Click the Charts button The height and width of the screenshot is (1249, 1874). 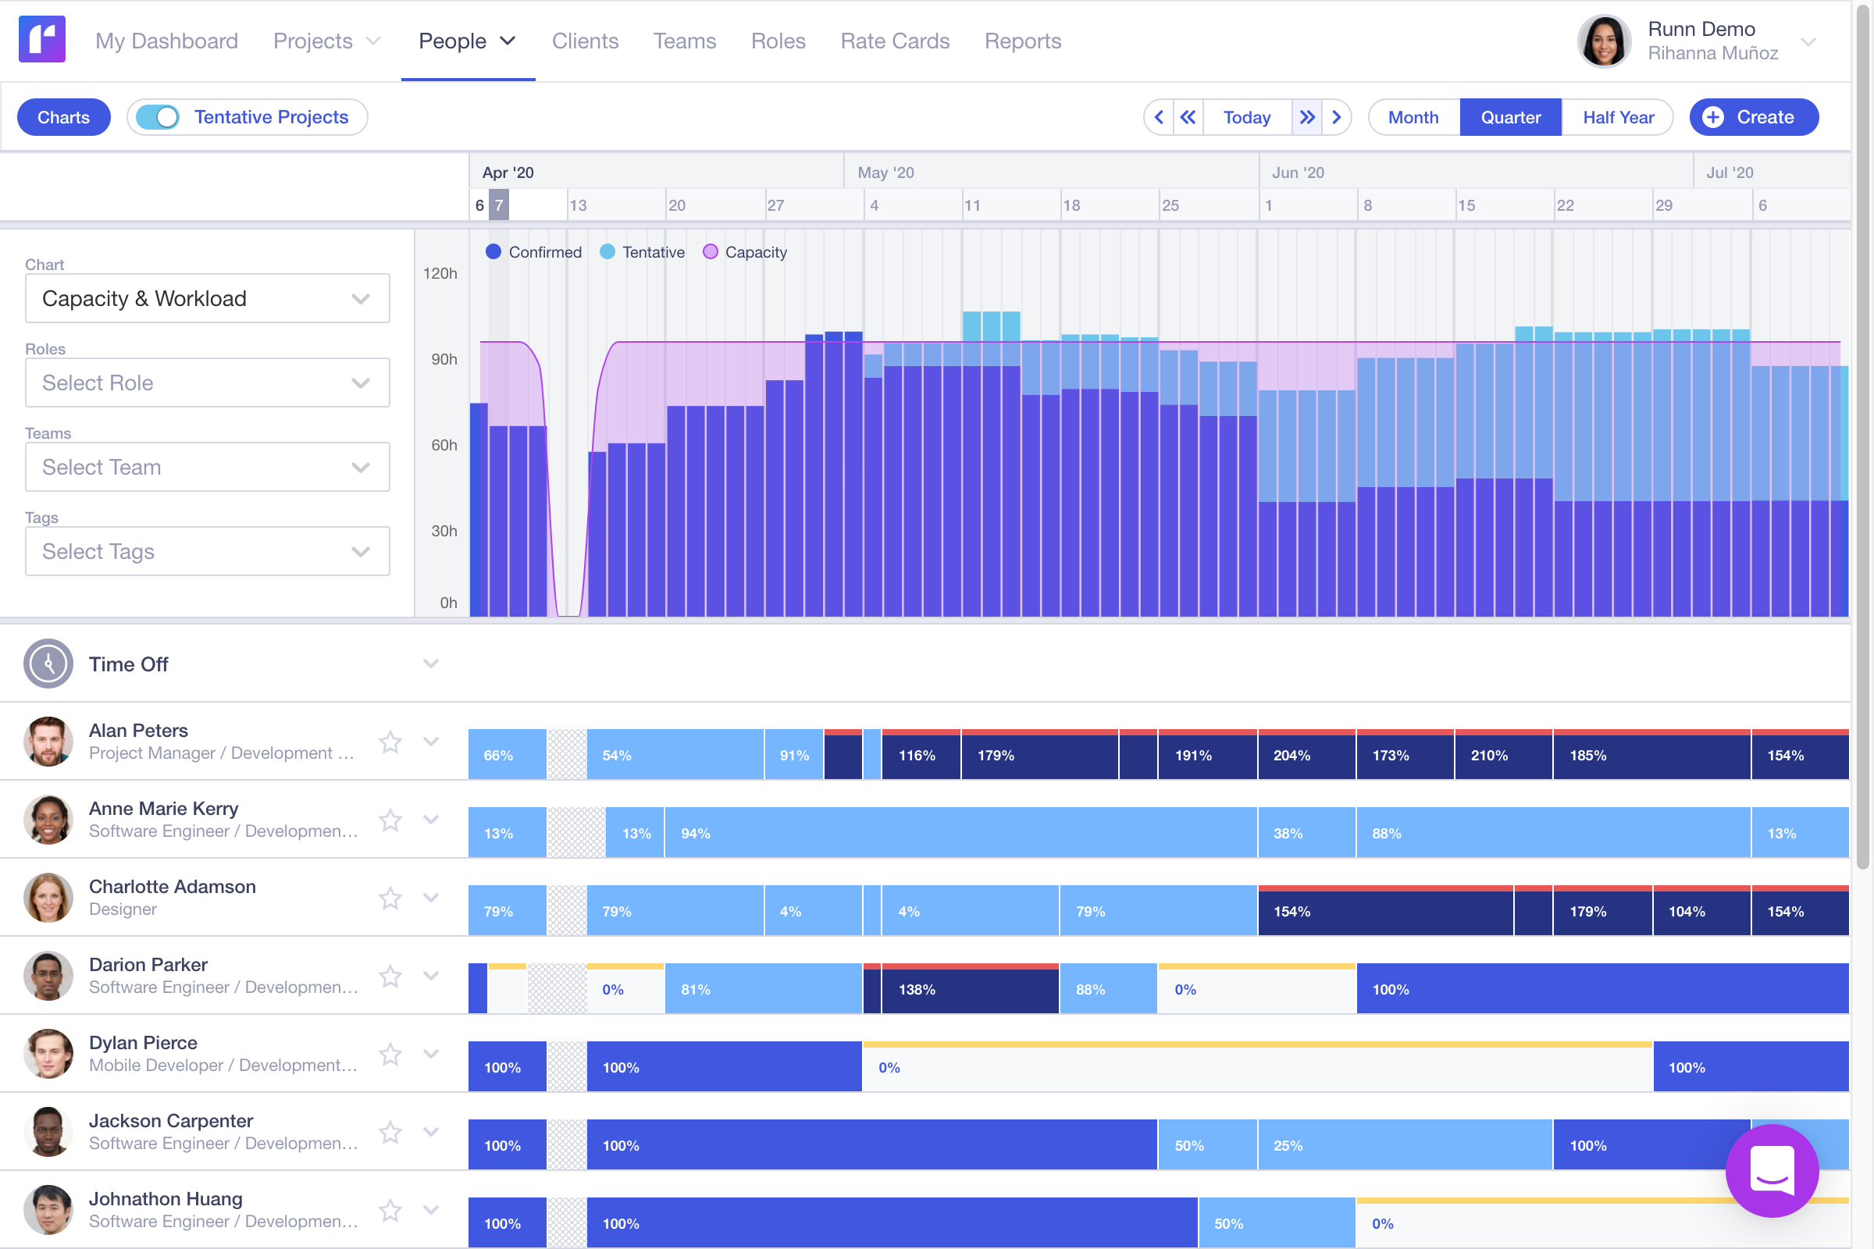point(64,117)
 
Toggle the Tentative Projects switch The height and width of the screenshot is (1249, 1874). point(158,117)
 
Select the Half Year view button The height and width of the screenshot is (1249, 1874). point(1617,117)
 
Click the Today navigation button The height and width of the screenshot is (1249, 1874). point(1246,117)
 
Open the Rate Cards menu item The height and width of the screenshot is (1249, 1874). point(894,41)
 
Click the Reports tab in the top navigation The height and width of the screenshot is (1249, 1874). point(1022,41)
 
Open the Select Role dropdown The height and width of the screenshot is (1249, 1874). point(207,383)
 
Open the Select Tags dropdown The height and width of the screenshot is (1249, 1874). point(207,551)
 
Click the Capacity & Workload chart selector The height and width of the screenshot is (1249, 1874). point(207,298)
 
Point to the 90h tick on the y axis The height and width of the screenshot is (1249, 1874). point(444,359)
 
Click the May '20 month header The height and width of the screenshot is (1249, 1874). point(885,172)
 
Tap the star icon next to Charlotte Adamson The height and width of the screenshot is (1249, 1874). point(390,898)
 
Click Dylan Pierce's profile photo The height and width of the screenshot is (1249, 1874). point(48,1053)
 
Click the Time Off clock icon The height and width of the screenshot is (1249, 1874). point(48,664)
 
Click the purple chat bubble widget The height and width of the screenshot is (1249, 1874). point(1771,1169)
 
